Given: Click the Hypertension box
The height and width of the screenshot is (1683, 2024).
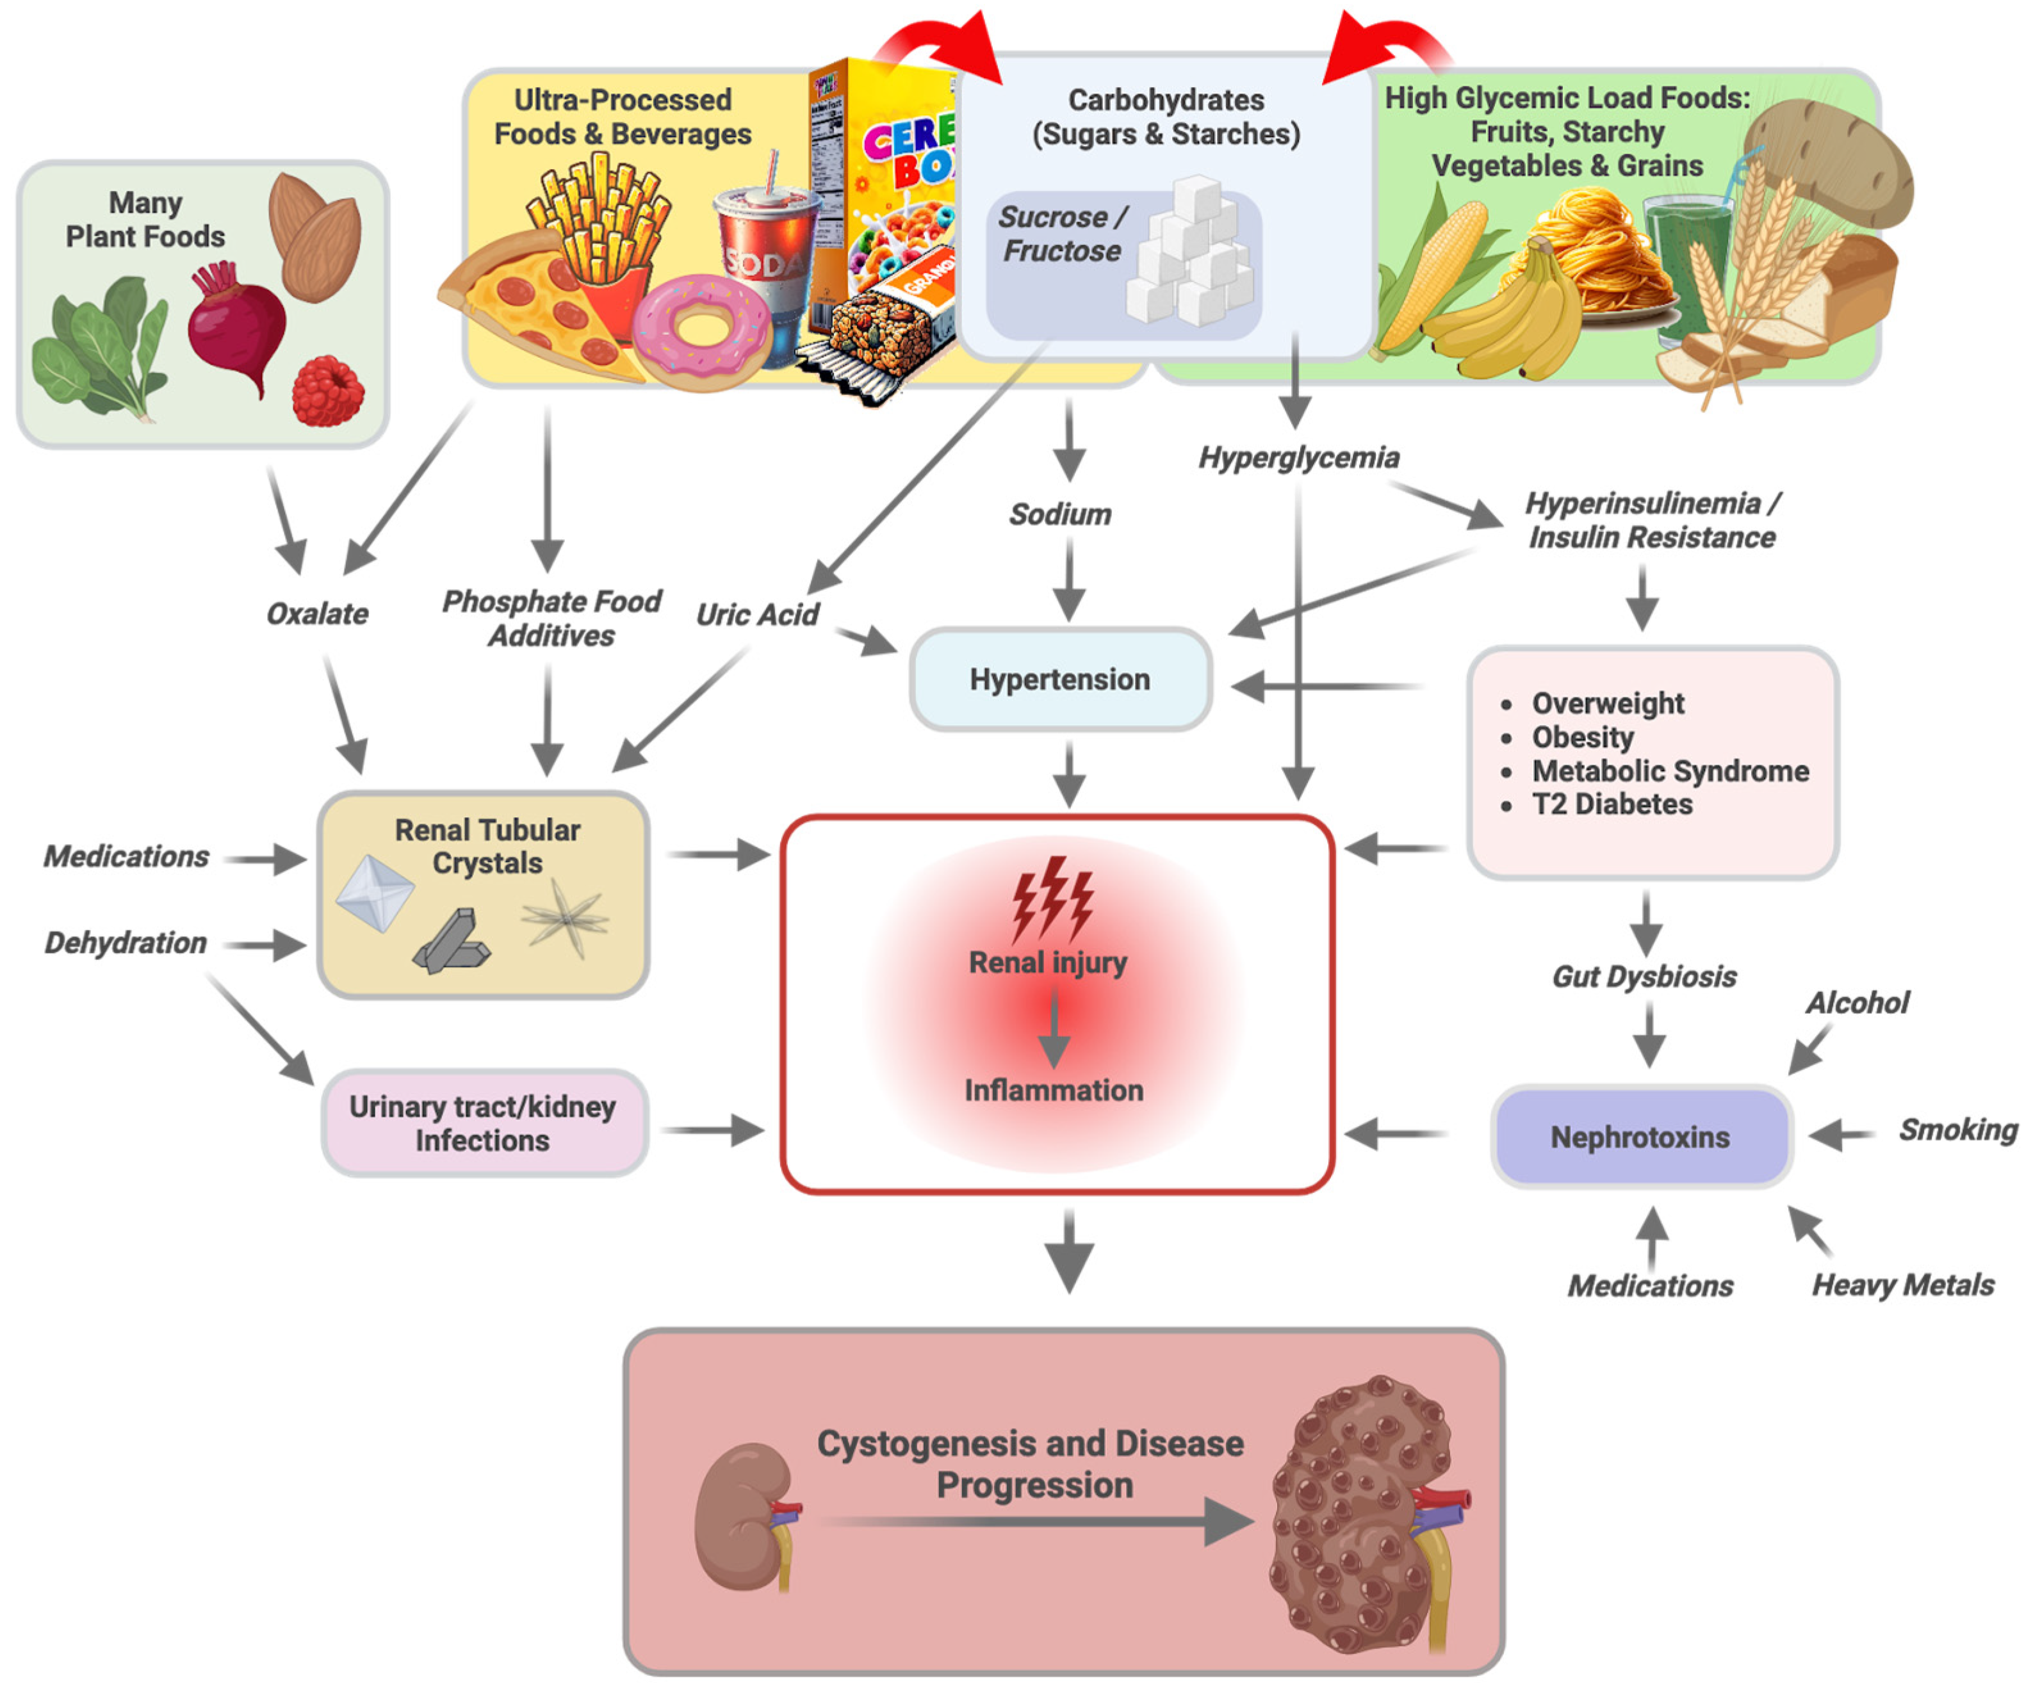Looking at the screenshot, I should tap(1060, 679).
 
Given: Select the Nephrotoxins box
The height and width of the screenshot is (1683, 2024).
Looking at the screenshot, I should tap(1640, 1137).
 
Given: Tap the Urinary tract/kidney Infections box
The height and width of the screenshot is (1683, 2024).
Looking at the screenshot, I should tap(483, 1123).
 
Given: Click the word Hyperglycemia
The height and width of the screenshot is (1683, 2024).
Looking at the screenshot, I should tap(1298, 458).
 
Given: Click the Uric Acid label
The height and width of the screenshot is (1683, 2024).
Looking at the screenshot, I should tap(758, 615).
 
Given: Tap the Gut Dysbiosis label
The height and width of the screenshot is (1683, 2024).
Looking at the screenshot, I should tap(1644, 977).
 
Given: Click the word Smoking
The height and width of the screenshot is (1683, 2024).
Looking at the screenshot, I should tap(1957, 1130).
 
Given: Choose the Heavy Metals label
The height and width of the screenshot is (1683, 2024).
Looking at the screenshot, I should tap(1902, 1285).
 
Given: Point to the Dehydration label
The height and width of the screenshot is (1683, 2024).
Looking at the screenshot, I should tap(126, 943).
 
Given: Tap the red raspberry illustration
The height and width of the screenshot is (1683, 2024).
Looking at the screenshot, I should tap(328, 391).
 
